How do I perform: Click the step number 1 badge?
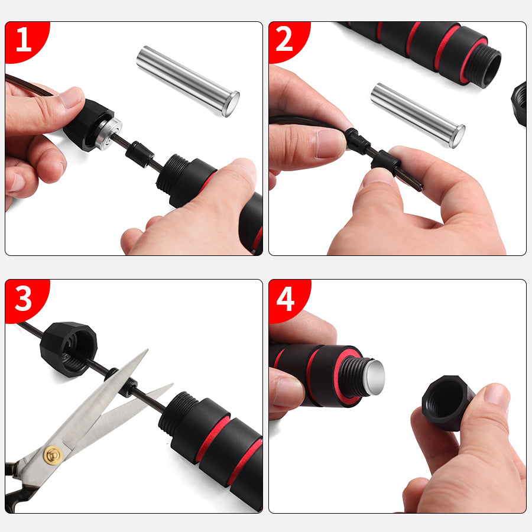(24, 40)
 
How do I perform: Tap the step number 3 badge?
(24, 299)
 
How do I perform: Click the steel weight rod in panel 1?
(188, 81)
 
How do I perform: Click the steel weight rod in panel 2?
(418, 115)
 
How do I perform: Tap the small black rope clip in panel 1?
(139, 154)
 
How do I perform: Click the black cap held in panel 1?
(89, 125)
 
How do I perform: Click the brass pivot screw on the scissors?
(53, 455)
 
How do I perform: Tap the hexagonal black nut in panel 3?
(69, 349)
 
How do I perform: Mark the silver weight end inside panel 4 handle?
(374, 378)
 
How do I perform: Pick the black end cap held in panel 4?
(447, 403)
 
